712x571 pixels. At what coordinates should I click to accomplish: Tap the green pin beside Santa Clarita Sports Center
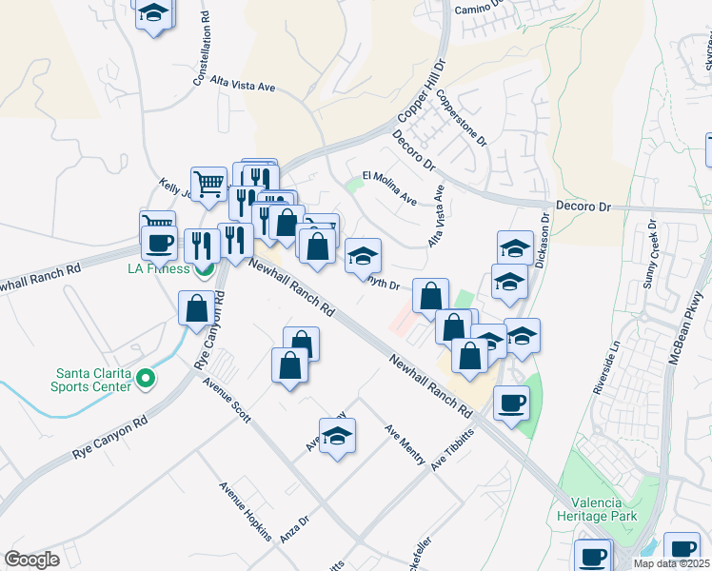coord(145,380)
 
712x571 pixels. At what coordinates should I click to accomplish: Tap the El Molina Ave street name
coord(390,187)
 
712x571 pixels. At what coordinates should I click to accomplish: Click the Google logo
coord(31,560)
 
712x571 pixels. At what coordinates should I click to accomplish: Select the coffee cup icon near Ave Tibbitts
coord(511,404)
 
